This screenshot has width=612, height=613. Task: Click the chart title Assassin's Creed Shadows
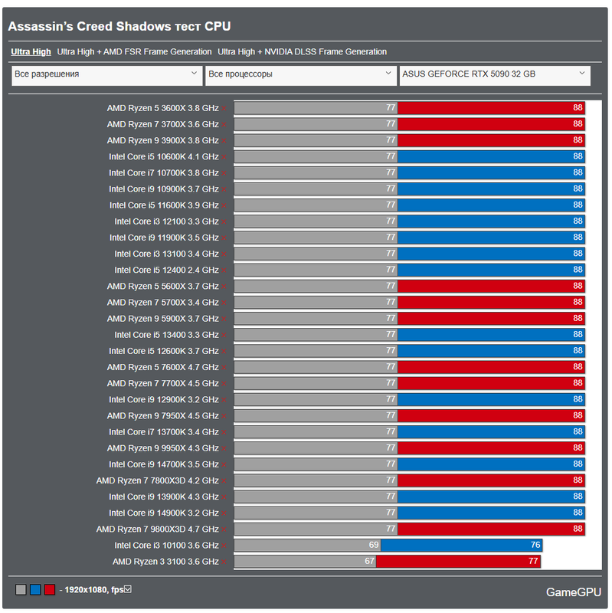(x=119, y=27)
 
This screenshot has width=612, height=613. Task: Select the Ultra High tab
(x=31, y=52)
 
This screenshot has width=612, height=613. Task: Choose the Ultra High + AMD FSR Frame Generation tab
(x=134, y=52)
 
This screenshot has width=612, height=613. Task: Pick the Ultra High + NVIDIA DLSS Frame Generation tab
(x=302, y=52)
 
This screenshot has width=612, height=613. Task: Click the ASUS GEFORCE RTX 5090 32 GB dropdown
(x=495, y=75)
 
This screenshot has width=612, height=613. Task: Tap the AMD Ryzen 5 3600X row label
(x=162, y=108)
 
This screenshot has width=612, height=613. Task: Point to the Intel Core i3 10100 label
(x=166, y=546)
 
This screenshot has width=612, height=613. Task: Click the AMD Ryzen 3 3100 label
(x=165, y=562)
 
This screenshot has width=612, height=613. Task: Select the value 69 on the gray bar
(x=374, y=546)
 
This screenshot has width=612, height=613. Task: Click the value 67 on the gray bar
(x=369, y=562)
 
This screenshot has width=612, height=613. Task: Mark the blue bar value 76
(x=535, y=546)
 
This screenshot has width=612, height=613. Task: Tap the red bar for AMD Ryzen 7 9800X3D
(x=490, y=529)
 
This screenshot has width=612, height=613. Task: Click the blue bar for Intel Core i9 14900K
(x=490, y=513)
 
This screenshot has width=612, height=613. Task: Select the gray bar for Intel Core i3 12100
(x=315, y=221)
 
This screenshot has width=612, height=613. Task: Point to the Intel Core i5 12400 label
(x=166, y=270)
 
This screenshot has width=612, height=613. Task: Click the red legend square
(x=50, y=590)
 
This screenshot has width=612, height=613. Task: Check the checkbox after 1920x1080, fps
(x=128, y=589)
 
